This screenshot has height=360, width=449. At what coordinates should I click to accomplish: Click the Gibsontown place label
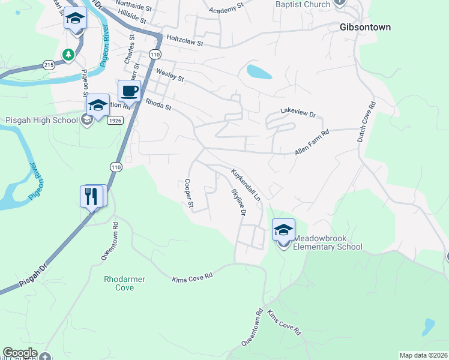365,28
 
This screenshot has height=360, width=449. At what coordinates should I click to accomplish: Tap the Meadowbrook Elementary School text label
327,242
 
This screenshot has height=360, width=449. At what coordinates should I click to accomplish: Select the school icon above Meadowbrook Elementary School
283,230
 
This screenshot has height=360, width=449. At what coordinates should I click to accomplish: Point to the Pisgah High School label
41,120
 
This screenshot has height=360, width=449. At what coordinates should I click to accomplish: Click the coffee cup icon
129,91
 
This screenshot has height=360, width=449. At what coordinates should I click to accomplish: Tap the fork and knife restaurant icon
92,196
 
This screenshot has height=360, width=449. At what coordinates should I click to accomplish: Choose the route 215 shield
49,64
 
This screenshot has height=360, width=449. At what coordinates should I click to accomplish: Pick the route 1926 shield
116,121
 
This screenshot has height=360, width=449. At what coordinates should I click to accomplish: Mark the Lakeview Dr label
298,112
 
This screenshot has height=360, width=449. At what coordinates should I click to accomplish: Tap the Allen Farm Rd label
312,144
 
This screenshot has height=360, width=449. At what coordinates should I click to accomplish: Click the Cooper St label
188,194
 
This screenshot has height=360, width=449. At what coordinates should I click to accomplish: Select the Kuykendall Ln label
247,184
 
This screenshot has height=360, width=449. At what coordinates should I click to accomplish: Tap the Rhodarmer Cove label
125,283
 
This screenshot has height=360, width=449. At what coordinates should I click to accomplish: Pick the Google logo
20,353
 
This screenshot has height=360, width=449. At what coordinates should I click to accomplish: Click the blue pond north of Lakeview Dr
259,72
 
